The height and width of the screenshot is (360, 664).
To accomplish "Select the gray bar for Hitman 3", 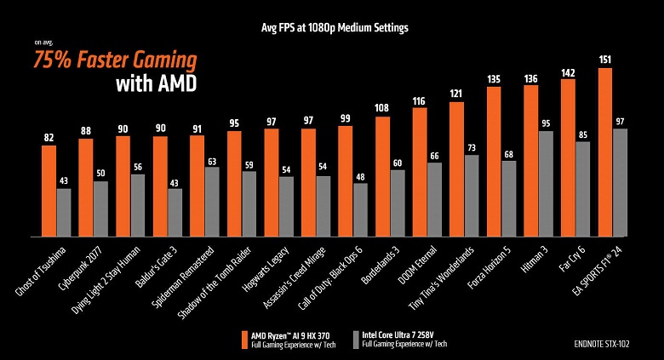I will click(x=547, y=184).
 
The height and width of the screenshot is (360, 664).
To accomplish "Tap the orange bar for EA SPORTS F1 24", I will click(x=605, y=152).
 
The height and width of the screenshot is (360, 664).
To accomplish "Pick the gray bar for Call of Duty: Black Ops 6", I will click(x=360, y=209).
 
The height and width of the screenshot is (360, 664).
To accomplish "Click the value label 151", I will click(x=605, y=60).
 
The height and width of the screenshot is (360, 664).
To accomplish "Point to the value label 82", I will click(x=49, y=137).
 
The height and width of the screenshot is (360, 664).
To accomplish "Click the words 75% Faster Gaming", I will click(x=114, y=60).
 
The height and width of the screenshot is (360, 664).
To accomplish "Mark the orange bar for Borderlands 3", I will click(x=383, y=176).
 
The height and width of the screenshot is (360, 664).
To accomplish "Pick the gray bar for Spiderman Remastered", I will click(x=211, y=202).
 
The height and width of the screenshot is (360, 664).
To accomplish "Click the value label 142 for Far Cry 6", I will click(x=568, y=71).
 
